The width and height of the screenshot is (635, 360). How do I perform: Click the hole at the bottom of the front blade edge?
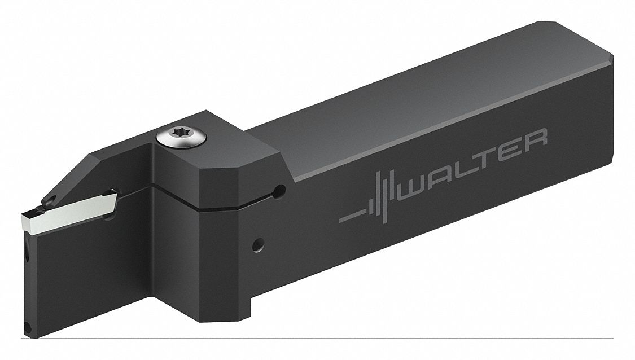click(26, 326)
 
